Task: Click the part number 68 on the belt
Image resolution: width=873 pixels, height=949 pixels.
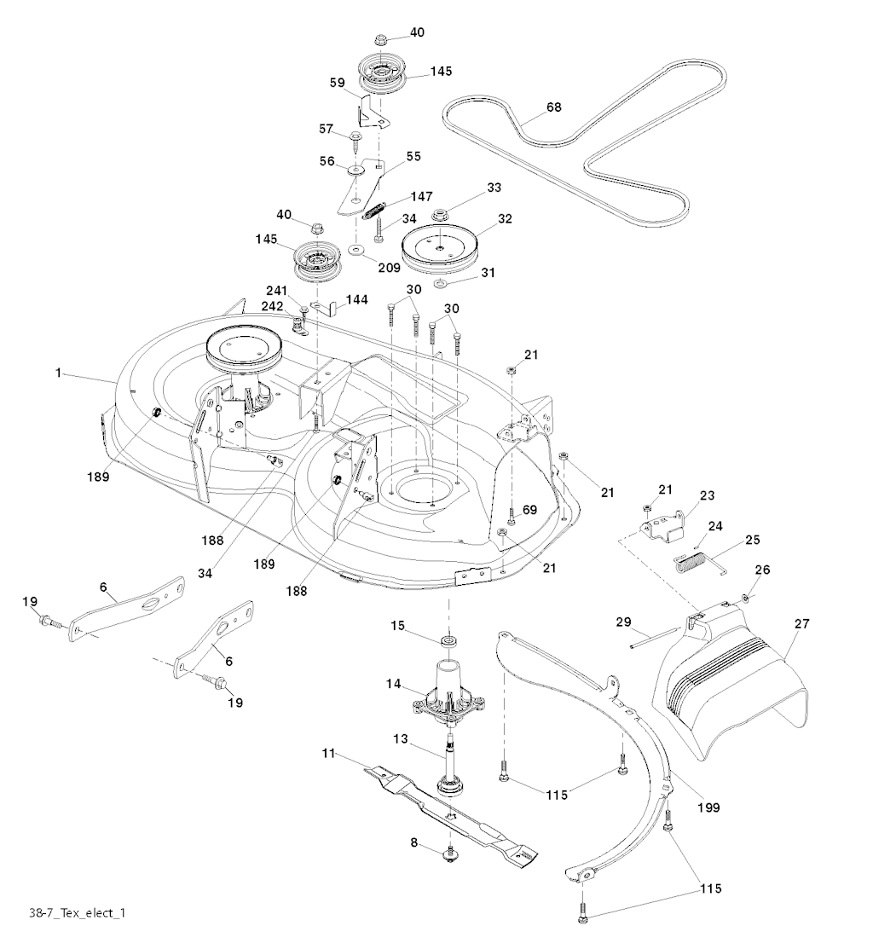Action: tap(553, 108)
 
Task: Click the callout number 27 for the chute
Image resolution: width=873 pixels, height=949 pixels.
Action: tap(801, 623)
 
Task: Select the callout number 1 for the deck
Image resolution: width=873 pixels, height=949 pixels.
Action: tap(59, 373)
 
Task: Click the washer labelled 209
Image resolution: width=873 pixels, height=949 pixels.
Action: tap(355, 250)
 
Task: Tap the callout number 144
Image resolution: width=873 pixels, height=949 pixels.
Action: tap(356, 300)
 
